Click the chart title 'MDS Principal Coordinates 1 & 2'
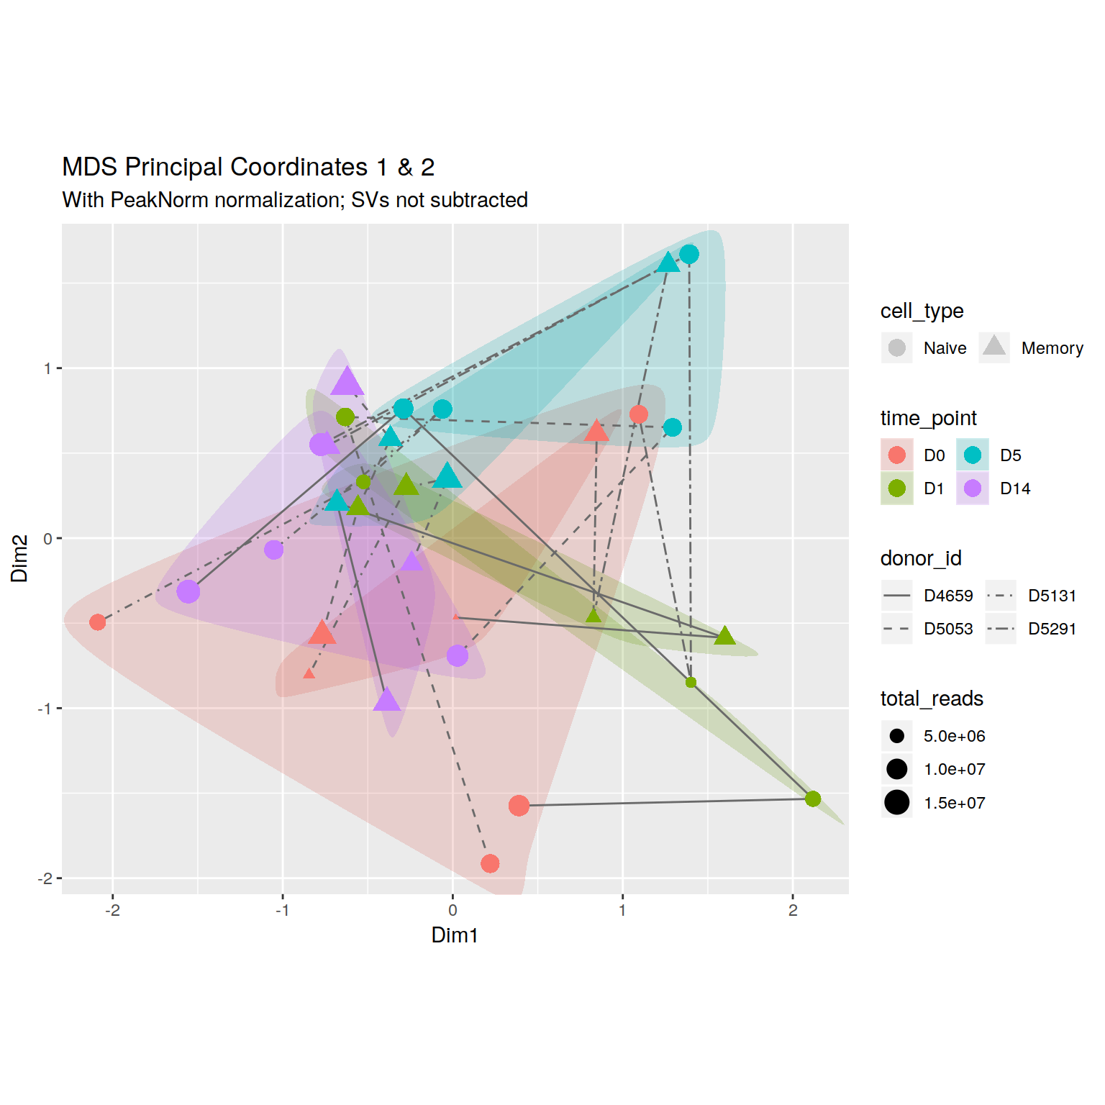248,167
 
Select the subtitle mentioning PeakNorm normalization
295,200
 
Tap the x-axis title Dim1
454,935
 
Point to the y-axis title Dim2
19,558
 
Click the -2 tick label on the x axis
112,910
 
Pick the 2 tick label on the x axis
793,910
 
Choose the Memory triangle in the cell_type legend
994,347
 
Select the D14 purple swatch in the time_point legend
973,488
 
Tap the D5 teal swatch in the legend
973,455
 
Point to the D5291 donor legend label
1052,629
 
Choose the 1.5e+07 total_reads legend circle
896,802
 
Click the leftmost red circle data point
98,622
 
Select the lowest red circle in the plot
490,863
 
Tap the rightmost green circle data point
813,799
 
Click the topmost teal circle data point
689,255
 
